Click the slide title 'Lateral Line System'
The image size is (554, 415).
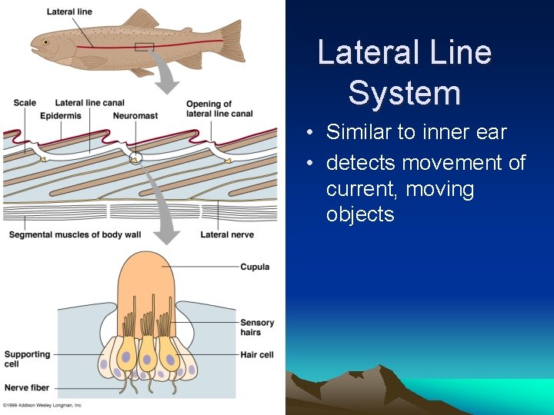[x=404, y=73]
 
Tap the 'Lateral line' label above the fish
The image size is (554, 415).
[x=69, y=12]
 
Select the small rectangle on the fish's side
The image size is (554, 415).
[x=145, y=47]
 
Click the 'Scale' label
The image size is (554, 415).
[x=25, y=103]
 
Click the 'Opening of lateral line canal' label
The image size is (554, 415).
[x=219, y=109]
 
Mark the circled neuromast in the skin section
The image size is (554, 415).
[x=136, y=158]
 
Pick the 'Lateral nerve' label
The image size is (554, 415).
[x=227, y=234]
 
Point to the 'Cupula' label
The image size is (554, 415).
[x=255, y=267]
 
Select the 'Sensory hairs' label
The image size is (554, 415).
[x=257, y=327]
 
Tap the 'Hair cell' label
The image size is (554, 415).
[x=255, y=354]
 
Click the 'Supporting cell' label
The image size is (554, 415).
[x=27, y=359]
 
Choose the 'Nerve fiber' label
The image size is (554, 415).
[x=26, y=387]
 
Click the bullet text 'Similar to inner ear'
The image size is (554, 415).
[x=416, y=132]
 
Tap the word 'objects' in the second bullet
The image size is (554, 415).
[x=360, y=214]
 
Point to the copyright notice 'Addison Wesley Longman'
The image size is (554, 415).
[x=42, y=405]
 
